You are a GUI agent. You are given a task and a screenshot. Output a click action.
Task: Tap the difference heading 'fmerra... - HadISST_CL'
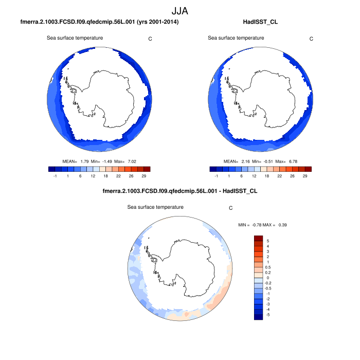click(180, 191)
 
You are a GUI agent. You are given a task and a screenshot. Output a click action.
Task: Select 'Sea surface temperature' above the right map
click(236, 38)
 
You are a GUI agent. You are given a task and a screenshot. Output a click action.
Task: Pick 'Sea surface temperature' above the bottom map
click(155, 207)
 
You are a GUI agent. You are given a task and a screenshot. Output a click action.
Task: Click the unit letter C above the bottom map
click(231, 208)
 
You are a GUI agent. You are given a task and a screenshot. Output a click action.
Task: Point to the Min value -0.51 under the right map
click(271, 161)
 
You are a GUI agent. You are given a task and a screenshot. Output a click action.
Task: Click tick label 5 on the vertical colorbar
click(267, 241)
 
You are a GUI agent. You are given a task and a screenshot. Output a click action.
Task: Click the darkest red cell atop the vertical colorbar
click(259, 238)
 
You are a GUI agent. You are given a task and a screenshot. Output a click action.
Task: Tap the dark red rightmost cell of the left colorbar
click(147, 169)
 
